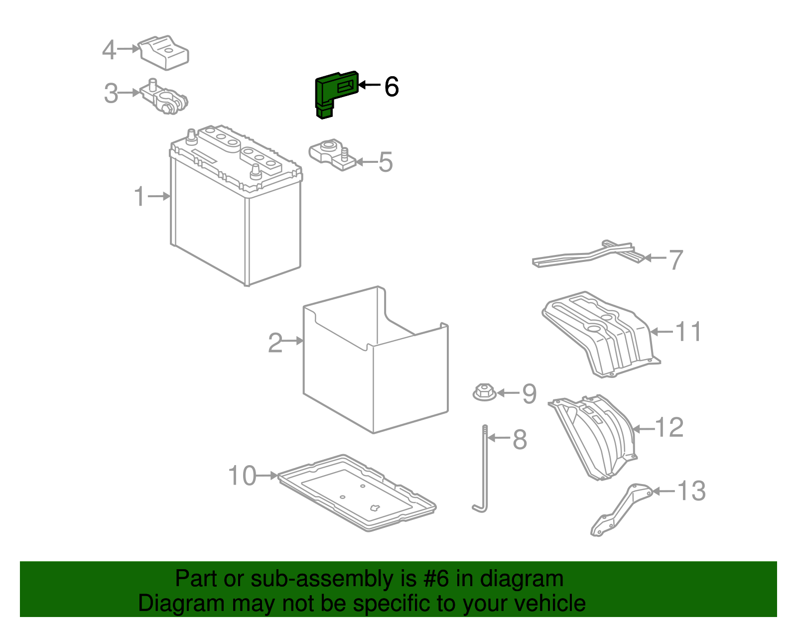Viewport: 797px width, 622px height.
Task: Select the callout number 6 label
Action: [392, 87]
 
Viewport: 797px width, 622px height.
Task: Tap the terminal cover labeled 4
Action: [164, 52]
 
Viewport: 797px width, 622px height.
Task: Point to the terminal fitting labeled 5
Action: [331, 154]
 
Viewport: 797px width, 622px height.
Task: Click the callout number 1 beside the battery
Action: [140, 196]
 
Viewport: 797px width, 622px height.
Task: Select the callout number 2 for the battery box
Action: [275, 343]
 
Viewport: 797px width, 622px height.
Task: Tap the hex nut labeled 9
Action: [484, 392]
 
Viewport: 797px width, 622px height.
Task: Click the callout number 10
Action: [242, 476]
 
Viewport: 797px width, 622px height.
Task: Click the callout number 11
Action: [688, 332]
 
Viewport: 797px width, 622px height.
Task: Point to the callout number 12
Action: [669, 428]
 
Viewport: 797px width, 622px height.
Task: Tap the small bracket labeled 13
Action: [620, 510]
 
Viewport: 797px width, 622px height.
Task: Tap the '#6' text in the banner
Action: [436, 579]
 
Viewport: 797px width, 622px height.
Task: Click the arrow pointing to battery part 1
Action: [159, 196]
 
